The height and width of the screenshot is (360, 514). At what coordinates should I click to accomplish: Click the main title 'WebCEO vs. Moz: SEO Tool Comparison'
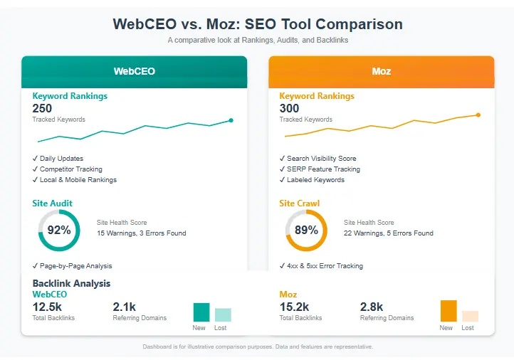pos(257,24)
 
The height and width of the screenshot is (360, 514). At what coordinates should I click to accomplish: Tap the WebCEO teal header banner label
pos(135,71)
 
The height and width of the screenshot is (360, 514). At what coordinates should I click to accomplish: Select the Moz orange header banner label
pos(381,71)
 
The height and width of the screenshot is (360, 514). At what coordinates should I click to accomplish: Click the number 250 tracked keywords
pos(43,109)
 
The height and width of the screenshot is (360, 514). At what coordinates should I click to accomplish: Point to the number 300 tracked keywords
pos(290,109)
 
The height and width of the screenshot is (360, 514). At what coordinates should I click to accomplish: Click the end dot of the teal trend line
pos(231,120)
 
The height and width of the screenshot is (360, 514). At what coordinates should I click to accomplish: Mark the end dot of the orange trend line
pos(478,115)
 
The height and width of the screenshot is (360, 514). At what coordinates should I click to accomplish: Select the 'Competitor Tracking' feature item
pos(70,169)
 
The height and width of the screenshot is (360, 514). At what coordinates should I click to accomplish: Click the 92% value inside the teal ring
pos(58,230)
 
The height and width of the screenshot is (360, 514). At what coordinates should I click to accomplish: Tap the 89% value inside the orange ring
pos(306,230)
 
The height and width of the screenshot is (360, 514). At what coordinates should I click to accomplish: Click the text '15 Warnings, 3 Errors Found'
pos(142,233)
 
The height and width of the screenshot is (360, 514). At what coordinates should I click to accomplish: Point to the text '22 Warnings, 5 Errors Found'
pos(389,233)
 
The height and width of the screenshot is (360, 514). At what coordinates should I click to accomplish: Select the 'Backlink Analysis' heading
pos(71,283)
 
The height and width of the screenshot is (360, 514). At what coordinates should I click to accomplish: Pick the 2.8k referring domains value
pos(372,307)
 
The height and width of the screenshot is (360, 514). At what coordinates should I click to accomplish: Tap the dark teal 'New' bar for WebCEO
pos(201,312)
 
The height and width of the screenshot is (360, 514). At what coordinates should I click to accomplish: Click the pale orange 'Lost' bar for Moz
pos(470,317)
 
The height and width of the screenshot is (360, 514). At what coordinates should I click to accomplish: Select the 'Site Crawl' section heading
pos(299,203)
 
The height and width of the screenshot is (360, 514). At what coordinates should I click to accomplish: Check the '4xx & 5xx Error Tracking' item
pos(325,266)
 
